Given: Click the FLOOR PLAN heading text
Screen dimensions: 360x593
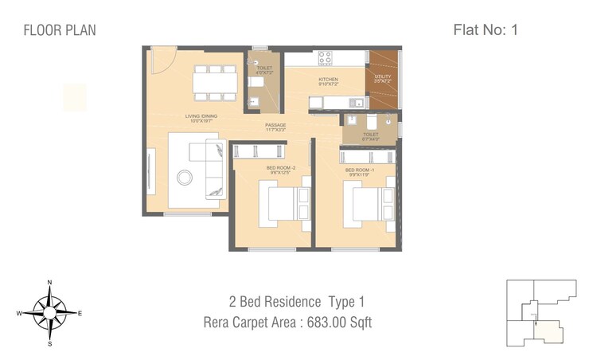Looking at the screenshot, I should coord(60,31).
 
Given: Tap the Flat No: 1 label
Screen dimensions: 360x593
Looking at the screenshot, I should coord(486,30).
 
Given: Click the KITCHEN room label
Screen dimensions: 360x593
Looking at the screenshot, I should coord(329,80).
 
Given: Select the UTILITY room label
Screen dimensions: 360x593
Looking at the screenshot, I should coord(383,78).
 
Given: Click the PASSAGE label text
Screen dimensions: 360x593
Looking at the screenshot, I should coord(276,125).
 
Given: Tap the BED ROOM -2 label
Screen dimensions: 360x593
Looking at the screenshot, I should coord(280,169).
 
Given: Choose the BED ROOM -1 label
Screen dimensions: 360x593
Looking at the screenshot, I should coord(359,170).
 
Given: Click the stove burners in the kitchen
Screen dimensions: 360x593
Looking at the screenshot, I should coord(325,58).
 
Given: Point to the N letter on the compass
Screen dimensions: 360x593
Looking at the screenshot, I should coord(49,283).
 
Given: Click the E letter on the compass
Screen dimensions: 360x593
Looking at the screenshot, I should coord(80,314).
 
